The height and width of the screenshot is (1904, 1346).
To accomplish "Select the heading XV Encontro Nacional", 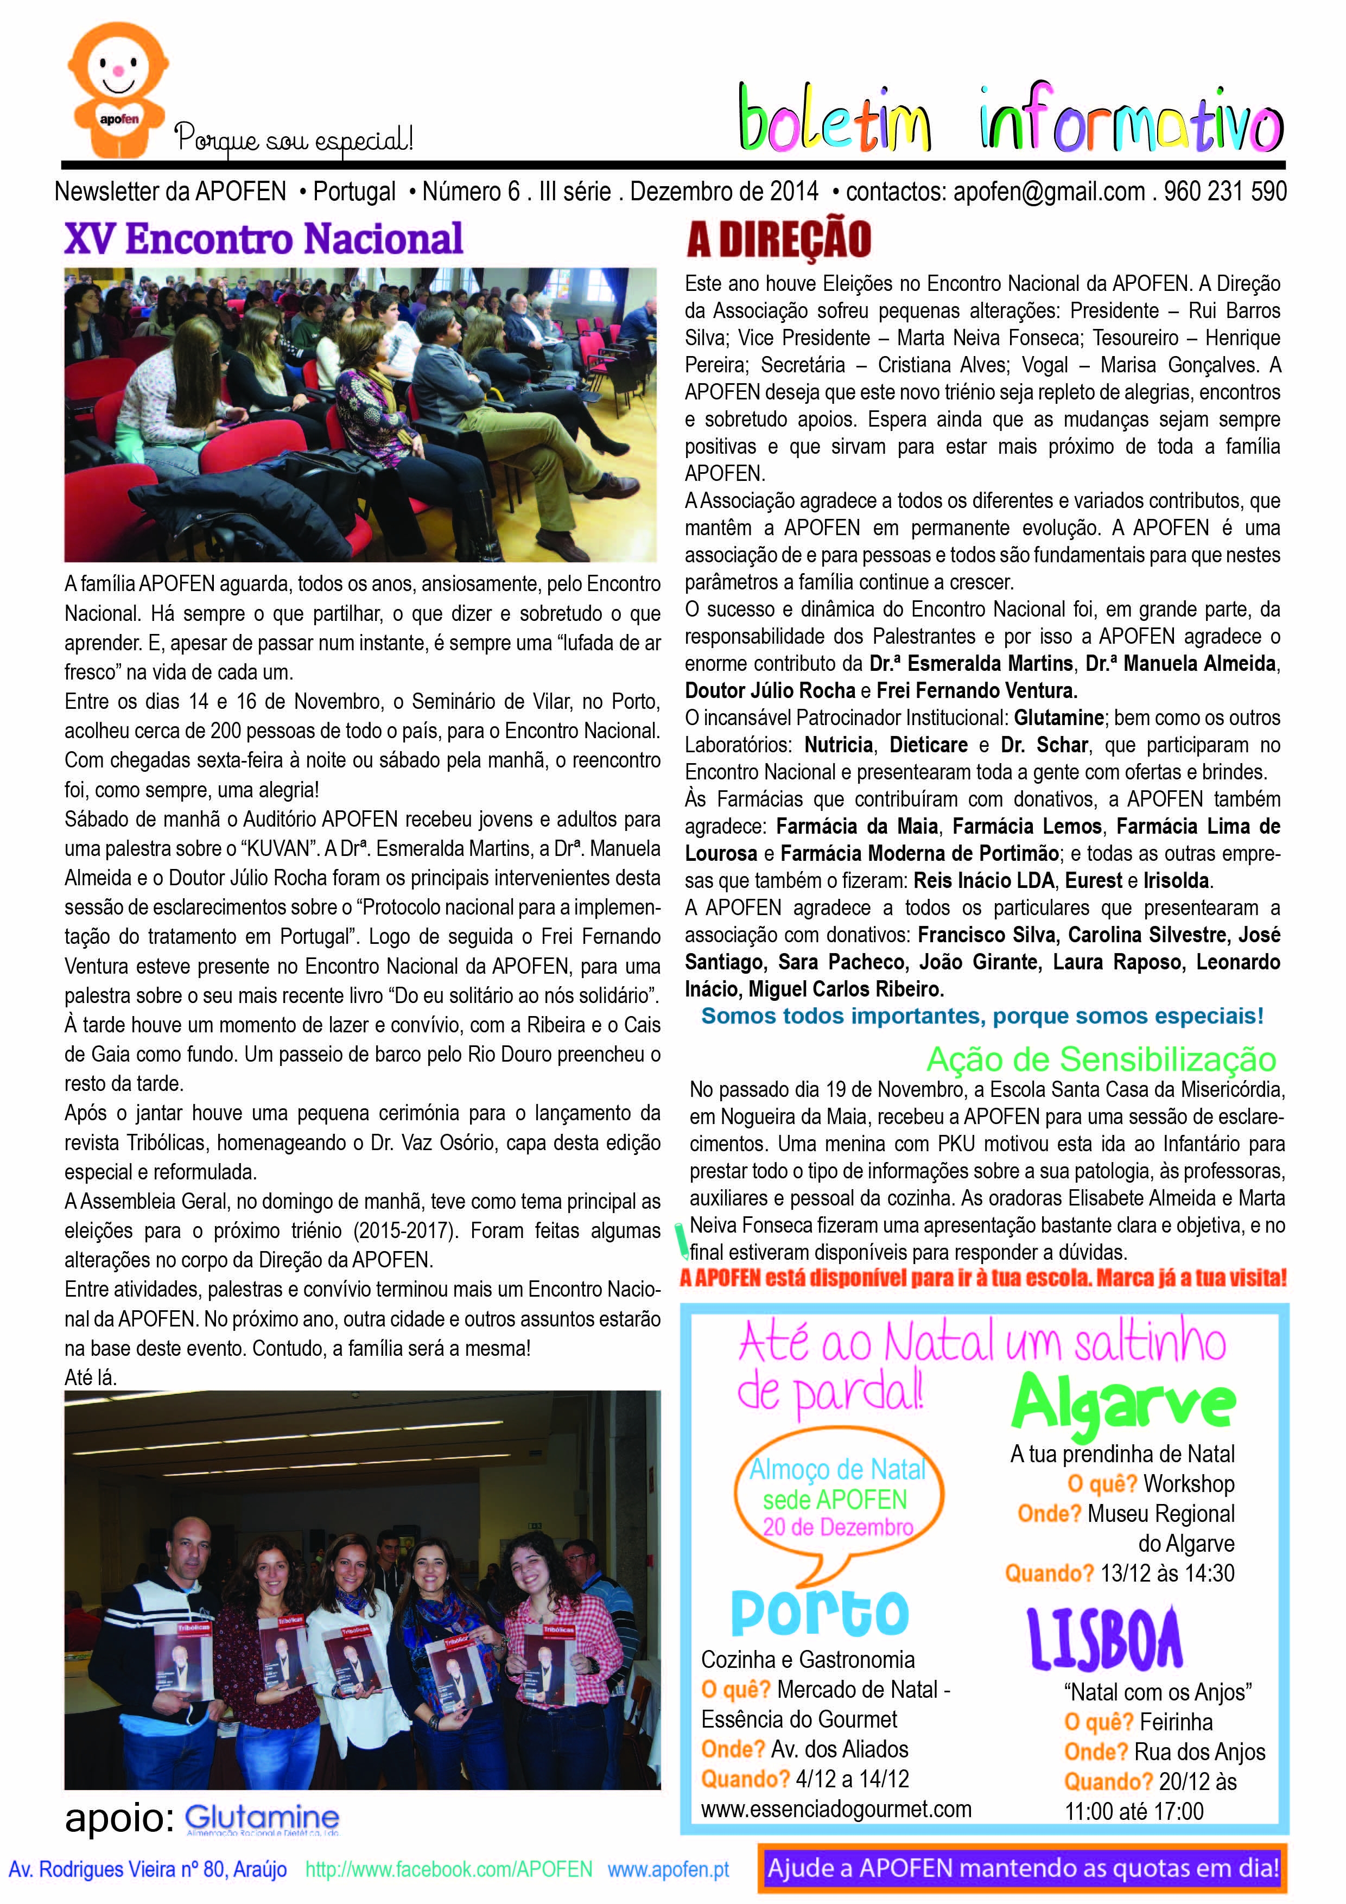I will coord(264,240).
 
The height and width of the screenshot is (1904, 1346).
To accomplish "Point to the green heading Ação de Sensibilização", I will coord(1101,1059).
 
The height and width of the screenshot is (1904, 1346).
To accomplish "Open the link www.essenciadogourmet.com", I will coord(836,1808).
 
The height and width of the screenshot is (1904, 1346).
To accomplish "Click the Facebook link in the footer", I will coord(449,1869).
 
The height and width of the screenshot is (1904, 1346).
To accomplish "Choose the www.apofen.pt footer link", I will coord(669,1869).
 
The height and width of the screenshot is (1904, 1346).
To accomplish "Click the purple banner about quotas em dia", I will coord(1023,1868).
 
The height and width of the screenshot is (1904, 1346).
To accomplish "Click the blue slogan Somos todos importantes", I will coord(982,1016).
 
